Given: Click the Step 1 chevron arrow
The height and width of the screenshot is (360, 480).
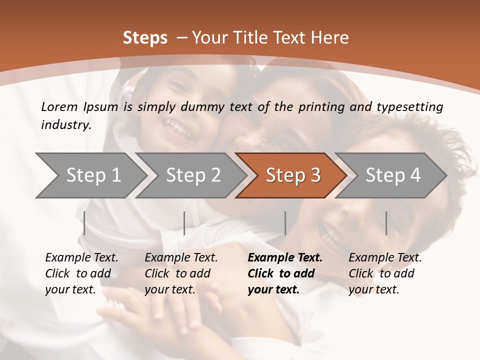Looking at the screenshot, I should point(92,175).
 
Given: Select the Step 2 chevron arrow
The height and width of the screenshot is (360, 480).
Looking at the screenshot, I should point(192,175).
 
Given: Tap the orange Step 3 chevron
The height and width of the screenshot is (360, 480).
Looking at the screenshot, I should point(292,175).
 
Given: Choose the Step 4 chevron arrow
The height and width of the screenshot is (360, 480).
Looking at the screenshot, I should point(392,175).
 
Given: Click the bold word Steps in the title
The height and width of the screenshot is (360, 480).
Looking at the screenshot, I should point(145,37).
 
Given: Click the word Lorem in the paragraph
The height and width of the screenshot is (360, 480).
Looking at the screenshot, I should point(59,106).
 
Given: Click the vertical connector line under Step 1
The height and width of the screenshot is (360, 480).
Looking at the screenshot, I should point(84,223).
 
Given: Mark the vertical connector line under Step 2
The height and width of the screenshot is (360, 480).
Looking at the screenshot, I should point(184,223).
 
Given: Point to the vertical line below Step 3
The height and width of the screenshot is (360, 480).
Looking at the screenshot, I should point(285,223).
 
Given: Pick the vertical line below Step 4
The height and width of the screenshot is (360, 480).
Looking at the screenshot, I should point(386,223).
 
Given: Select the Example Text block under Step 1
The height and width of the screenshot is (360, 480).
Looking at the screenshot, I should point(81,273).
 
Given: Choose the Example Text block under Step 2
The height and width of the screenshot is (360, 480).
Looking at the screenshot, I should point(181,273).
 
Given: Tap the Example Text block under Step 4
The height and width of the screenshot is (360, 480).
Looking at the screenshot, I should point(385,273).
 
